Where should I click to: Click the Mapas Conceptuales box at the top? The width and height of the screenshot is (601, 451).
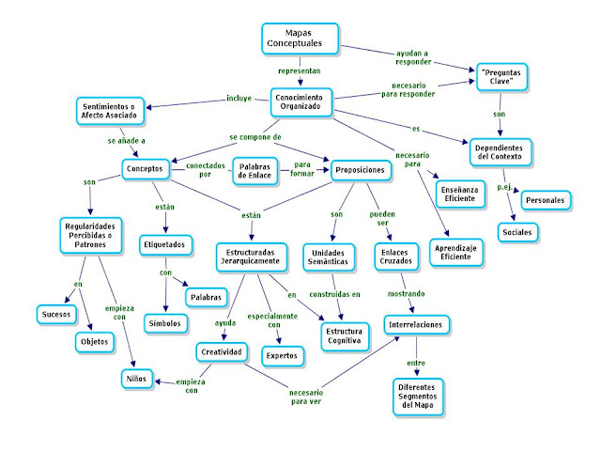(298, 39)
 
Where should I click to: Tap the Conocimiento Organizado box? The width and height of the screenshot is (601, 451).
(300, 101)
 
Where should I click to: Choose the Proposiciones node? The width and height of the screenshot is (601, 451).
(359, 170)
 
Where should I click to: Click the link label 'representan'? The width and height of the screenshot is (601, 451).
(299, 70)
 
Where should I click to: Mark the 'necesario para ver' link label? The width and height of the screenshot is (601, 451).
(305, 397)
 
